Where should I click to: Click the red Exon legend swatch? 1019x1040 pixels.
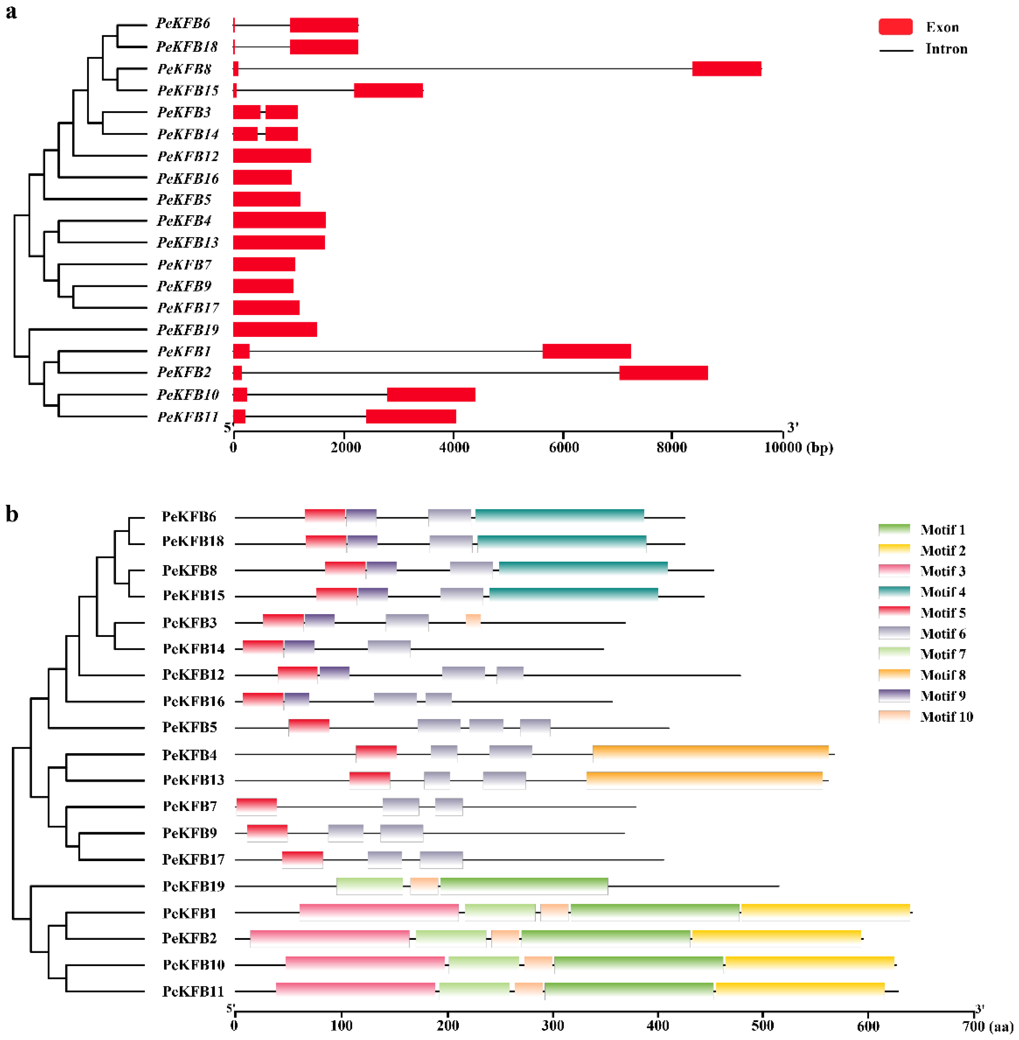click(x=895, y=27)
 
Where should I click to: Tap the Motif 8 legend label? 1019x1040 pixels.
click(x=943, y=675)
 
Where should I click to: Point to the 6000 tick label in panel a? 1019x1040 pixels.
click(x=564, y=447)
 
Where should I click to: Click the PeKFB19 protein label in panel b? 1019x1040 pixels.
click(x=193, y=886)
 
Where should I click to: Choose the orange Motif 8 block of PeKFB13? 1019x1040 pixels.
click(x=704, y=780)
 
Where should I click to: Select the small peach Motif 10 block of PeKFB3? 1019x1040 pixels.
click(x=473, y=622)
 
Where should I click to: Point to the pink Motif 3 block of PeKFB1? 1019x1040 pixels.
click(x=379, y=912)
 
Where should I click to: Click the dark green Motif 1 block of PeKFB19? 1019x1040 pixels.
click(x=524, y=886)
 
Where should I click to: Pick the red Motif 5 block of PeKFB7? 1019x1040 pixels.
click(x=256, y=806)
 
